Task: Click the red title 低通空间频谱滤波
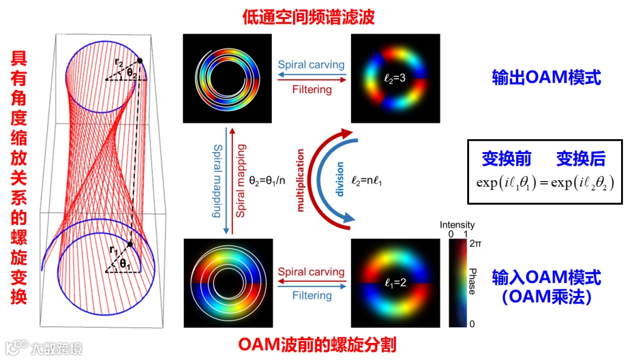coord(308,18)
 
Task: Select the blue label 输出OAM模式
coord(547,78)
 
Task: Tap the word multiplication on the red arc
coord(301,179)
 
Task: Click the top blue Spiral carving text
coord(311,65)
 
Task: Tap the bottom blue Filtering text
coord(312,295)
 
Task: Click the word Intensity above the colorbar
coord(457,225)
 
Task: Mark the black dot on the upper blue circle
coord(140,60)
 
